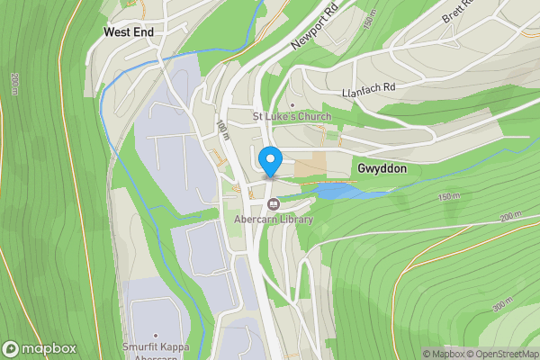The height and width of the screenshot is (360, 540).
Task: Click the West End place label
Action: pyautogui.click(x=129, y=31)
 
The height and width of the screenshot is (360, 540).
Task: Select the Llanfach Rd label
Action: pyautogui.click(x=369, y=92)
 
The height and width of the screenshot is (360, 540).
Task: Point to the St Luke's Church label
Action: pyautogui.click(x=292, y=117)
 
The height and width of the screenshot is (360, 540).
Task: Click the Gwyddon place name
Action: pyautogui.click(x=382, y=169)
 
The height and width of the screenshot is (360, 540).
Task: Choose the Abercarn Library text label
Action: pyautogui.click(x=273, y=220)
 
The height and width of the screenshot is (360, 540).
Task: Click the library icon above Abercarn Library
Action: pyautogui.click(x=273, y=203)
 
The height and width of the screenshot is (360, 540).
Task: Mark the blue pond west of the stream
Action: pyautogui.click(x=337, y=191)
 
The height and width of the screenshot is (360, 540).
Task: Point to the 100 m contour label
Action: pyautogui.click(x=222, y=130)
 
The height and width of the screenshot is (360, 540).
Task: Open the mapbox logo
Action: pyautogui.click(x=40, y=348)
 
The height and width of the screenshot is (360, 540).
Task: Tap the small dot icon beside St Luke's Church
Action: pyautogui.click(x=292, y=104)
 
